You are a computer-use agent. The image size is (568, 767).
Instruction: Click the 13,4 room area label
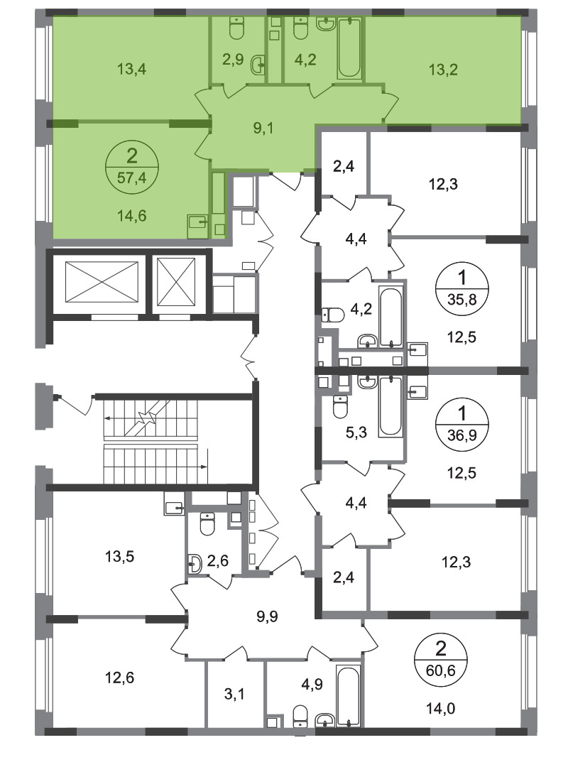coord(131,69)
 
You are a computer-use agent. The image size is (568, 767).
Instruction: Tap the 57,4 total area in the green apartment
coord(131,177)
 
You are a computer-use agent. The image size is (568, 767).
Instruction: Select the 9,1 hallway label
coord(263,128)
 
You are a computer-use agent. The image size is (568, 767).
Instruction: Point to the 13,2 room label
coord(443,70)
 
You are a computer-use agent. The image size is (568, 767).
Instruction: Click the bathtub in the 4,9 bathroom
coord(349,695)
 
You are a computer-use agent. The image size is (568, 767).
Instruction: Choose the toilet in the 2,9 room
coord(237,29)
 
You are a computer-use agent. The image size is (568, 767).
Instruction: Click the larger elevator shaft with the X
coord(102,281)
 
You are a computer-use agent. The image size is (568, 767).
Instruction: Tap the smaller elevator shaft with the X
coord(176,281)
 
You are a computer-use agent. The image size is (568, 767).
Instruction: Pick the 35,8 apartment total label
coord(461,298)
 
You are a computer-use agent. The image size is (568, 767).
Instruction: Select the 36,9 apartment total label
coord(461,434)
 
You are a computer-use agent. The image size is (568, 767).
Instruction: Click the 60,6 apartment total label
coord(440,670)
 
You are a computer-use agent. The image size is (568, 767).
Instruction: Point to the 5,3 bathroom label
coord(356,432)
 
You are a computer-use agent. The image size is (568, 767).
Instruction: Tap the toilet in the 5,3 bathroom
coord(340,407)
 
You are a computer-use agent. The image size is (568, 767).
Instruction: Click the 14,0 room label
coord(440,708)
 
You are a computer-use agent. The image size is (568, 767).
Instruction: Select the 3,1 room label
coord(234,693)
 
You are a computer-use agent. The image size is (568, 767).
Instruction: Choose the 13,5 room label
coord(119,556)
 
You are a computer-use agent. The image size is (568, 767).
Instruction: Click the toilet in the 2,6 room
coord(207,523)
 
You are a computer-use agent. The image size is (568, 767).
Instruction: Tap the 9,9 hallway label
coord(267,616)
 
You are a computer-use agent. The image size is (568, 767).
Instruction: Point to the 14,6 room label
coord(131,215)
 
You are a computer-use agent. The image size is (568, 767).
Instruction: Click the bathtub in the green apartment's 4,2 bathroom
coord(349,48)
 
